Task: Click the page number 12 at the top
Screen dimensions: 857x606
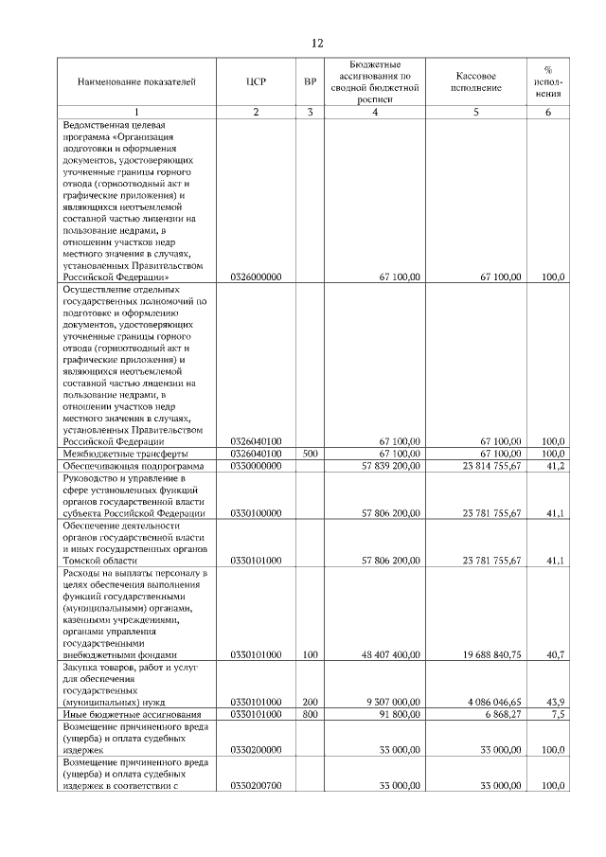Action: [318, 44]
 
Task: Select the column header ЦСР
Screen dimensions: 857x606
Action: [256, 82]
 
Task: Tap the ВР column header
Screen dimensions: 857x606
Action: [310, 82]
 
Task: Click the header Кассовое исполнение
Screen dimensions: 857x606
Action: [476, 82]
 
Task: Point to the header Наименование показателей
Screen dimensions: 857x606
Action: [137, 82]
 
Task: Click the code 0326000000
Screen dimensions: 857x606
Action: [256, 277]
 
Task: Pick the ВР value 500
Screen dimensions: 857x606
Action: [310, 454]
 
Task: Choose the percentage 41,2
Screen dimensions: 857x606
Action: [556, 466]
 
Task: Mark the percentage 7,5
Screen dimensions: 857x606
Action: [558, 714]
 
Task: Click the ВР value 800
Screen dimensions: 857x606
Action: [310, 714]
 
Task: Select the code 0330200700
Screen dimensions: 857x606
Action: [256, 786]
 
